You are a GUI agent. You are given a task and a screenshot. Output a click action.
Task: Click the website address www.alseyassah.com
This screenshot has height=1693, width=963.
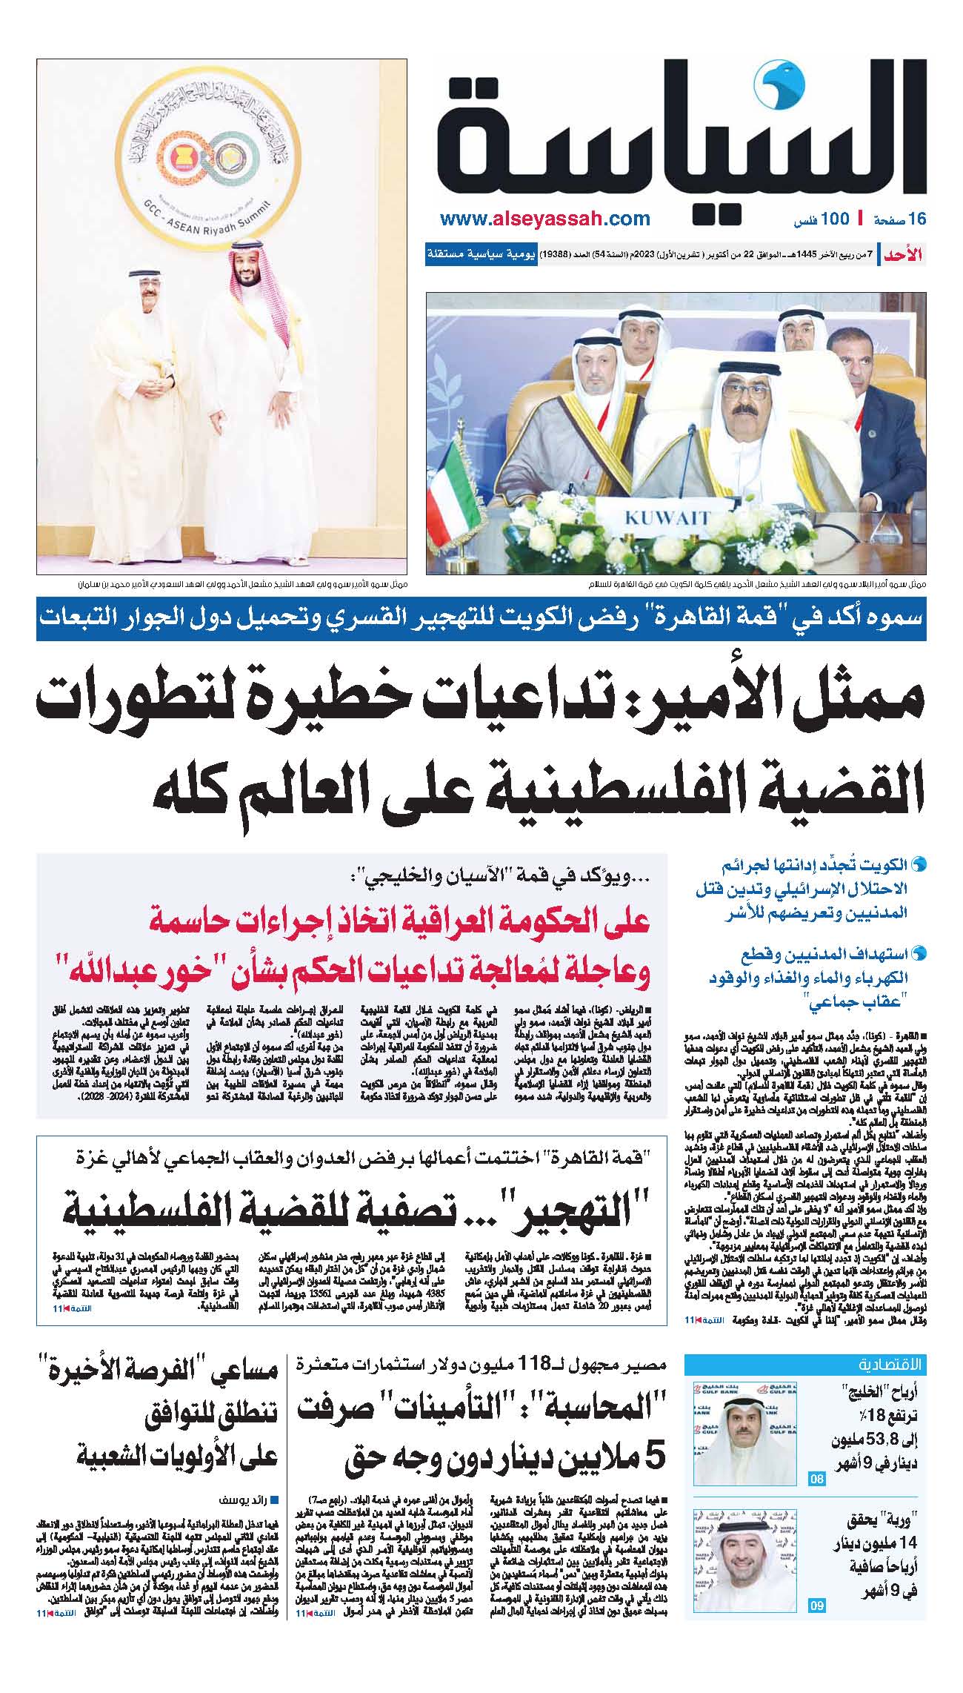pos(544,219)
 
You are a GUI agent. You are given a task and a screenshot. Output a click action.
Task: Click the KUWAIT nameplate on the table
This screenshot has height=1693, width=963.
pos(666,517)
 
